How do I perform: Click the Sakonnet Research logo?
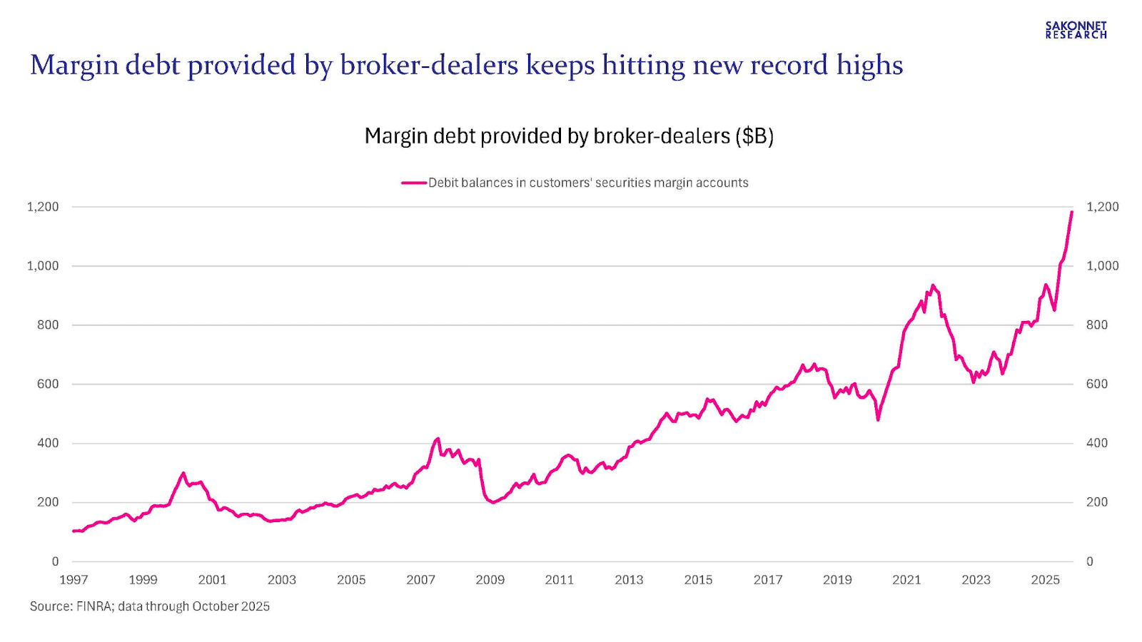pos(1076,30)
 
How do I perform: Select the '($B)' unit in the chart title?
pos(754,136)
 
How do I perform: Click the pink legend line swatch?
pos(414,183)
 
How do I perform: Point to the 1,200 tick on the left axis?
pos(43,207)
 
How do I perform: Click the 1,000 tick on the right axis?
pos(1102,266)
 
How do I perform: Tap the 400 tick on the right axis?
pos(1097,443)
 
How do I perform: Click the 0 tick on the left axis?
pos(55,561)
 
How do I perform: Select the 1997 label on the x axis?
pos(74,580)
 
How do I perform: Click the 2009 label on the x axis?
pos(490,580)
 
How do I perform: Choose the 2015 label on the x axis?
pos(698,580)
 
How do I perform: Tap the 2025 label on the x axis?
pos(1045,580)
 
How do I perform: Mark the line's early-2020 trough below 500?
pos(878,419)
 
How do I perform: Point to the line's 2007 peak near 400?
pos(438,439)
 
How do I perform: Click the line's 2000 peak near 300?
pos(183,473)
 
